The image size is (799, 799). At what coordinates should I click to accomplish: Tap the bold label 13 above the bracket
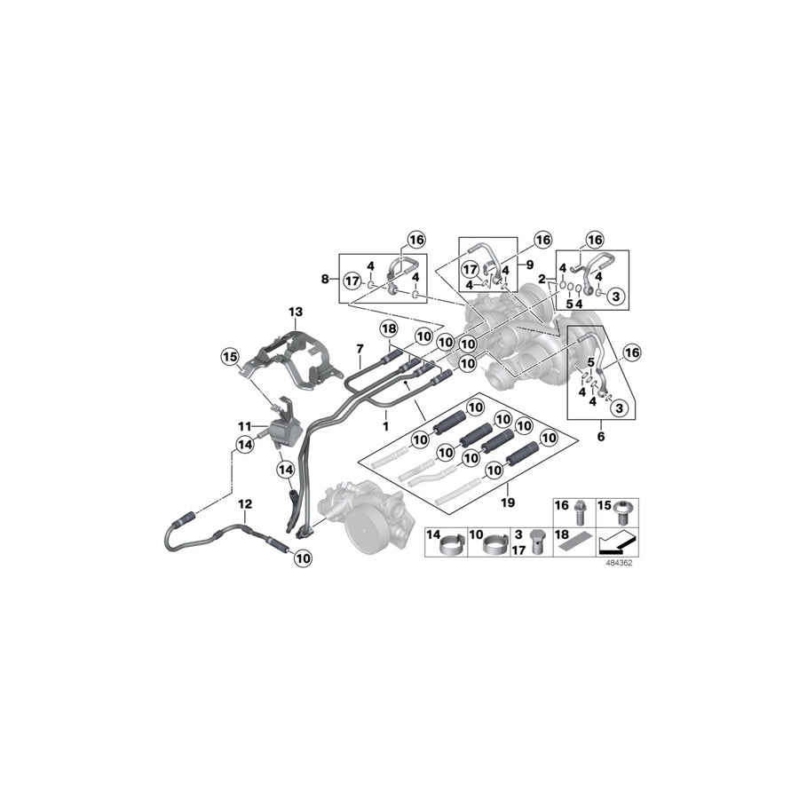click(x=295, y=312)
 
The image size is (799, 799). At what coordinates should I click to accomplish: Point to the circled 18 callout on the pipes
click(x=389, y=329)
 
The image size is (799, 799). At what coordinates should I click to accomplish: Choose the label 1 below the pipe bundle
click(x=384, y=426)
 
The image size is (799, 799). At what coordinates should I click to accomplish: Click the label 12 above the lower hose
click(x=245, y=503)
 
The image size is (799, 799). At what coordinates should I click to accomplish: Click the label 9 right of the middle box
click(x=530, y=264)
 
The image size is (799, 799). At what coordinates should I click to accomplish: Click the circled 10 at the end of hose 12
click(x=303, y=558)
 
